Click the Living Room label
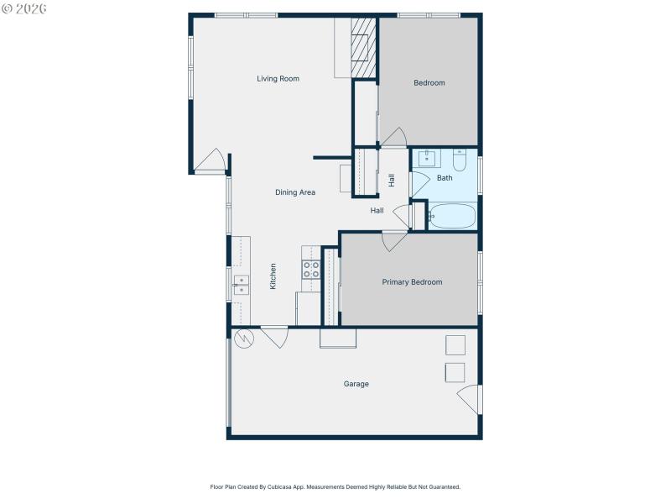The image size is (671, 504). (x=278, y=79)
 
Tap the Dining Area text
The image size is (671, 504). (x=295, y=192)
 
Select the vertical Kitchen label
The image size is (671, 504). (x=273, y=276)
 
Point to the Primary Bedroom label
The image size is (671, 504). (x=412, y=282)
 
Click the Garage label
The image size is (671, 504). (x=356, y=384)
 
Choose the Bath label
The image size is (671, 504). (x=445, y=178)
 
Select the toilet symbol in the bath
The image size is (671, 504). (x=460, y=158)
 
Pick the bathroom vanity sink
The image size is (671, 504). (x=428, y=158)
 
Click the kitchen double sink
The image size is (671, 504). (x=241, y=285)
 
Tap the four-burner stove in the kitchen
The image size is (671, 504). (x=311, y=270)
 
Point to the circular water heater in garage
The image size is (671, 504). (x=243, y=339)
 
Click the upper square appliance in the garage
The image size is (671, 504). (x=455, y=345)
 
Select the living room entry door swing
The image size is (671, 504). (x=211, y=161)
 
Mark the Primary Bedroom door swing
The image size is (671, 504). (x=394, y=241)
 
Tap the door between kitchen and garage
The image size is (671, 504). (x=274, y=337)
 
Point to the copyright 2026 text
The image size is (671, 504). (x=24, y=8)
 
